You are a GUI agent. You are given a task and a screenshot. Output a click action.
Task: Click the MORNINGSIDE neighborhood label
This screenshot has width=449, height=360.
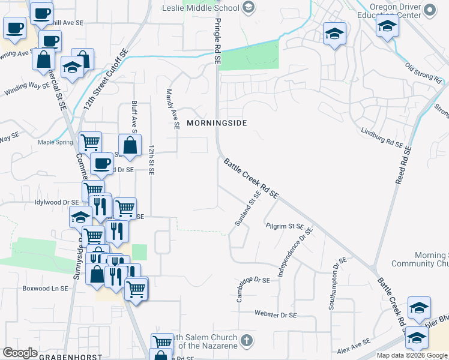click(x=217, y=123)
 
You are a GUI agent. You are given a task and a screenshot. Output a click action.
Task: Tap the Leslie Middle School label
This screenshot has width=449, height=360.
click(x=200, y=8)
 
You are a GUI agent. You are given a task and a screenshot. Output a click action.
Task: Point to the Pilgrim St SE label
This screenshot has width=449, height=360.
click(x=286, y=226)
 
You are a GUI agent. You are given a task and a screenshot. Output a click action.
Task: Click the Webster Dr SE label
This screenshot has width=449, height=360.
click(x=276, y=314)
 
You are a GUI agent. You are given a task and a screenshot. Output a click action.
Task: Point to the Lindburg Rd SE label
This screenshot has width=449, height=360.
click(x=382, y=137)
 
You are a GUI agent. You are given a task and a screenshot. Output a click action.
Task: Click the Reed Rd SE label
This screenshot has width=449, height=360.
click(x=402, y=166)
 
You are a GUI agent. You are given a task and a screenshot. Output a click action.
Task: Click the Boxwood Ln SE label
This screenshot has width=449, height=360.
click(x=46, y=288)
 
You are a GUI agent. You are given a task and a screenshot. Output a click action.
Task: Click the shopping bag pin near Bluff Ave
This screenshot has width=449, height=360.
click(x=130, y=146)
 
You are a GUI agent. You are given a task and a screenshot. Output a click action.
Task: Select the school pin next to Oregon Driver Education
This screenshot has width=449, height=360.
click(x=388, y=26)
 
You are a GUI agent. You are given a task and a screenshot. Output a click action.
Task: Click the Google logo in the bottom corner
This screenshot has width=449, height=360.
click(x=20, y=353)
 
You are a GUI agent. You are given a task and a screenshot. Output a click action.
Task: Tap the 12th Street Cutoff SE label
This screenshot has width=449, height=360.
click(x=106, y=79)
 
